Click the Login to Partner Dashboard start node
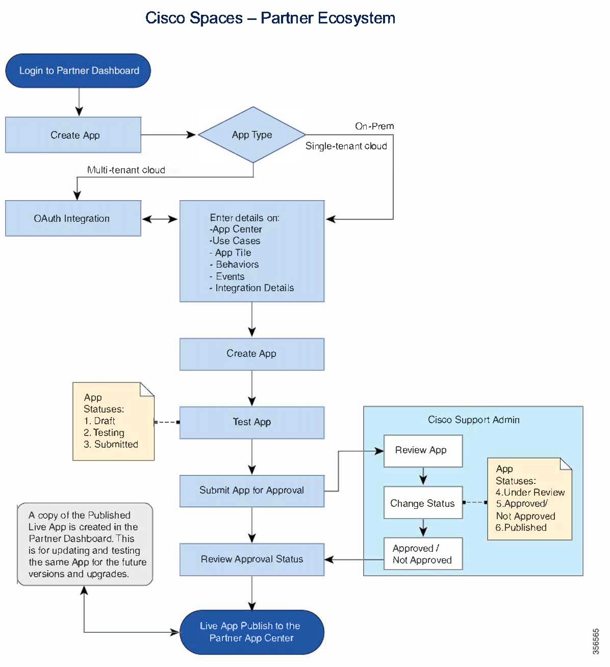[78, 70]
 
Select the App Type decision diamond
[252, 135]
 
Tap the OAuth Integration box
[73, 218]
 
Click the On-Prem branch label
[374, 126]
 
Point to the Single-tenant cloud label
[346, 146]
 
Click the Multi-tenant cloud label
[126, 170]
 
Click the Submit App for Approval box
[252, 491]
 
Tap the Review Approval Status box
[252, 559]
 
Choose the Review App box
[423, 451]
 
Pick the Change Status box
[423, 503]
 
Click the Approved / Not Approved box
[423, 554]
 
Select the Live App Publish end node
[252, 632]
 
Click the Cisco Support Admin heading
[474, 420]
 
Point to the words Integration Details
[255, 288]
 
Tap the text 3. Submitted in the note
[111, 444]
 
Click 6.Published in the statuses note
[521, 527]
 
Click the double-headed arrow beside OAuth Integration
[160, 219]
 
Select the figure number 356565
[596, 642]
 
